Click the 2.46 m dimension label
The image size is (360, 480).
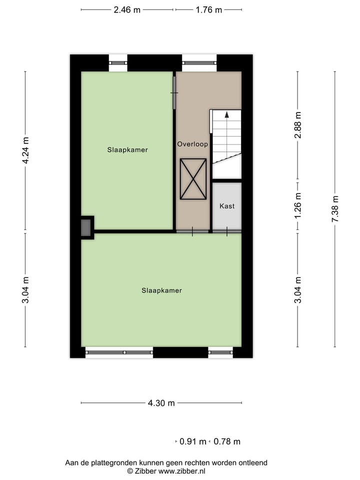click(x=127, y=9)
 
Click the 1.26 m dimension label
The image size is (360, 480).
click(x=298, y=205)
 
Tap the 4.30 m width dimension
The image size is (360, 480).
click(x=161, y=403)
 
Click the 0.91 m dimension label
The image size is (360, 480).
click(x=193, y=441)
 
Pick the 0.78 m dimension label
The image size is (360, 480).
click(x=227, y=441)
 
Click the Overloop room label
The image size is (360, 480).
click(x=192, y=144)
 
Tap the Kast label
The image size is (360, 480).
click(x=227, y=206)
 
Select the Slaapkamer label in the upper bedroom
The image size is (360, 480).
click(x=127, y=149)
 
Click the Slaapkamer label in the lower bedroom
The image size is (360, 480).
click(x=161, y=290)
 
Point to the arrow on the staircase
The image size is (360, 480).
click(x=226, y=114)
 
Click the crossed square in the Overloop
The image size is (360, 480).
click(x=193, y=179)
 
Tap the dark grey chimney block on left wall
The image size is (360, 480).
click(x=86, y=228)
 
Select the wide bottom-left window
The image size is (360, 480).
click(x=119, y=352)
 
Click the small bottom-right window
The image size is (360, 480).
click(x=220, y=352)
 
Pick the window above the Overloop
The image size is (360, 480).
click(x=199, y=63)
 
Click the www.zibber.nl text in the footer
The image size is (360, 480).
click(x=181, y=471)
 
